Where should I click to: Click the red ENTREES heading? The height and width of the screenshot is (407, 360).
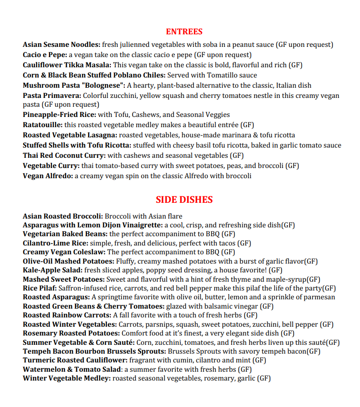tap(184, 32)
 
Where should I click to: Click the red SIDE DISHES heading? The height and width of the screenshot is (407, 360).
tap(184, 200)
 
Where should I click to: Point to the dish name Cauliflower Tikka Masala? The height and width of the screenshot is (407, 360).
tap(67, 65)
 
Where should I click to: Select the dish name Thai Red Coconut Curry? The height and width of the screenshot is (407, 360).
tap(64, 155)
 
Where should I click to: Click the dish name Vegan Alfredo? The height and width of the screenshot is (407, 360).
tap(48, 176)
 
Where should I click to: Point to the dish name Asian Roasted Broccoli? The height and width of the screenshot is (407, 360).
tap(63, 216)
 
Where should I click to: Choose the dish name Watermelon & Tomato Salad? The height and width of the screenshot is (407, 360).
tap(72, 369)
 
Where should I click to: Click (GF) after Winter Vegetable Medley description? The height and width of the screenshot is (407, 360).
tap(264, 378)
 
